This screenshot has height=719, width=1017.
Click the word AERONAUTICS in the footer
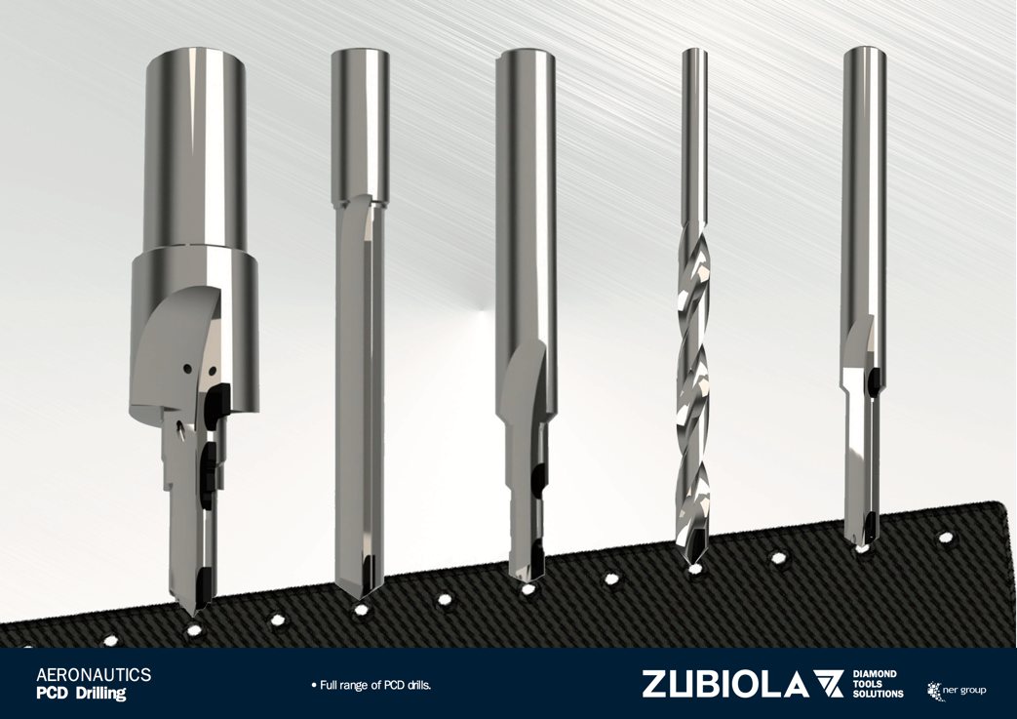coord(94,675)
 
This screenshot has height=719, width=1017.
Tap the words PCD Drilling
coord(81,693)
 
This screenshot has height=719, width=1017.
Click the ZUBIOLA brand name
coord(725,685)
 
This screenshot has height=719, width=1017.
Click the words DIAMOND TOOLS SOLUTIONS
coord(878,684)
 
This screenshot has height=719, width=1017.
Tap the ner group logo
coord(958,689)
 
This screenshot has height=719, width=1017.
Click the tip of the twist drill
coord(692,563)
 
